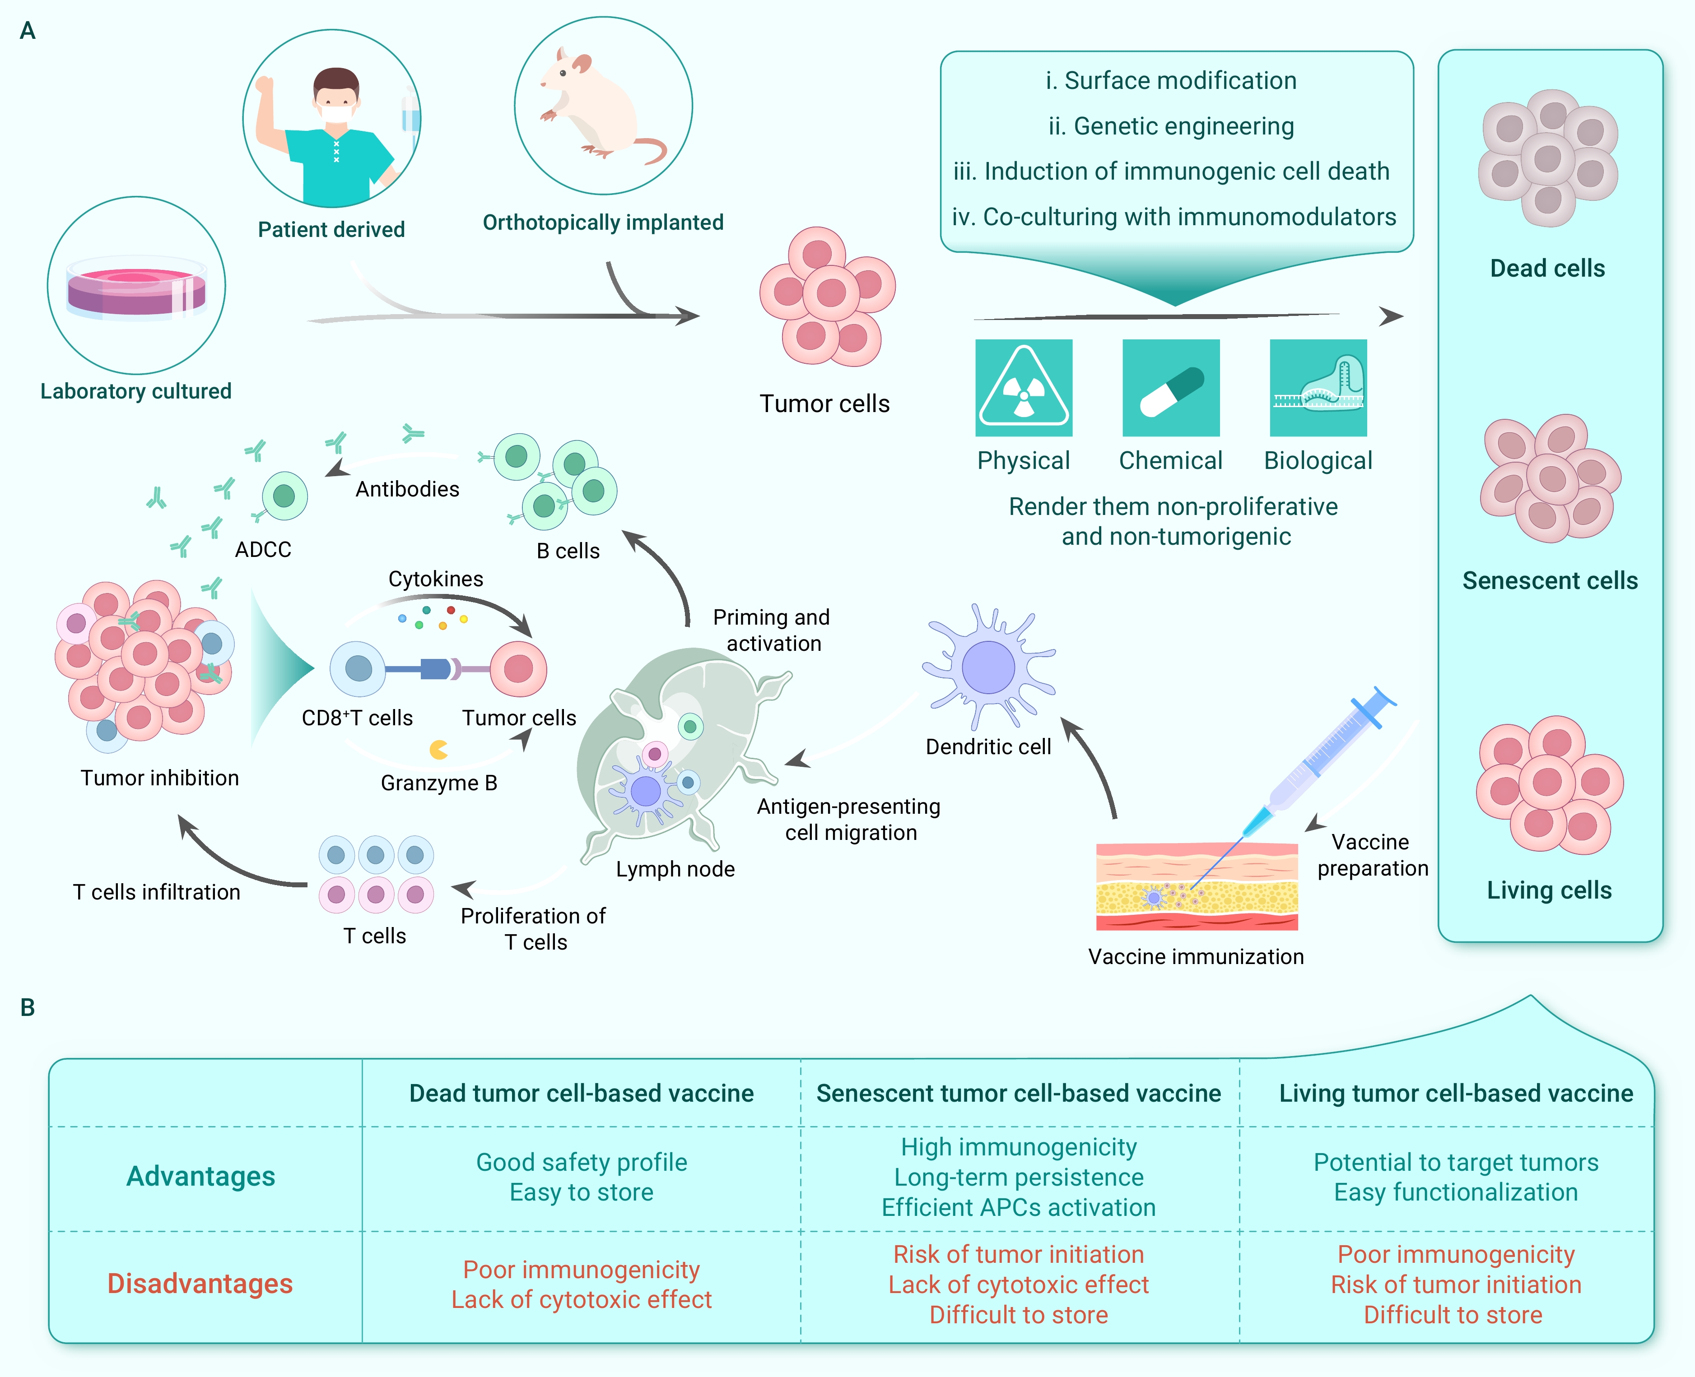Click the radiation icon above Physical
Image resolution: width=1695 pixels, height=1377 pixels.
(1024, 388)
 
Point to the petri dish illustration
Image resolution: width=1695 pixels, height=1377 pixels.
(136, 287)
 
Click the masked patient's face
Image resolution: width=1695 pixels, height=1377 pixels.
(336, 99)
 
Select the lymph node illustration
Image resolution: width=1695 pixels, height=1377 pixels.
(675, 754)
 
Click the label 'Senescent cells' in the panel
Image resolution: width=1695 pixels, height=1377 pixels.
(1549, 580)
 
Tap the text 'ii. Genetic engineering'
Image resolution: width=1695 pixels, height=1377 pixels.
(1171, 126)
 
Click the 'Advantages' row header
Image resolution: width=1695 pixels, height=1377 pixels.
(201, 1176)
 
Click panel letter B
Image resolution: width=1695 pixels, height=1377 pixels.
(28, 1007)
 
